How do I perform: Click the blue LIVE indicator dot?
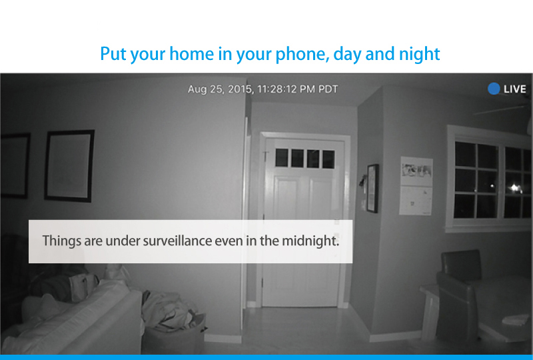[x=494, y=89]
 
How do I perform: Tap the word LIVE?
[x=514, y=89]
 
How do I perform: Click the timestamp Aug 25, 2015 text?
[x=221, y=89]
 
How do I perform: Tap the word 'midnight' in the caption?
[x=310, y=241]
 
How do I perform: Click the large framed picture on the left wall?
[x=69, y=166]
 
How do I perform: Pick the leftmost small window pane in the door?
[x=281, y=157]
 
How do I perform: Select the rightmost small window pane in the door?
[x=328, y=159]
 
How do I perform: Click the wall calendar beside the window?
[x=416, y=186]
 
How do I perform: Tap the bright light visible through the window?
[x=514, y=187]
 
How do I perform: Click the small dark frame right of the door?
[x=372, y=188]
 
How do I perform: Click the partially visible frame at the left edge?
[x=15, y=166]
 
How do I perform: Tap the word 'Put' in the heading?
[x=113, y=54]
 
